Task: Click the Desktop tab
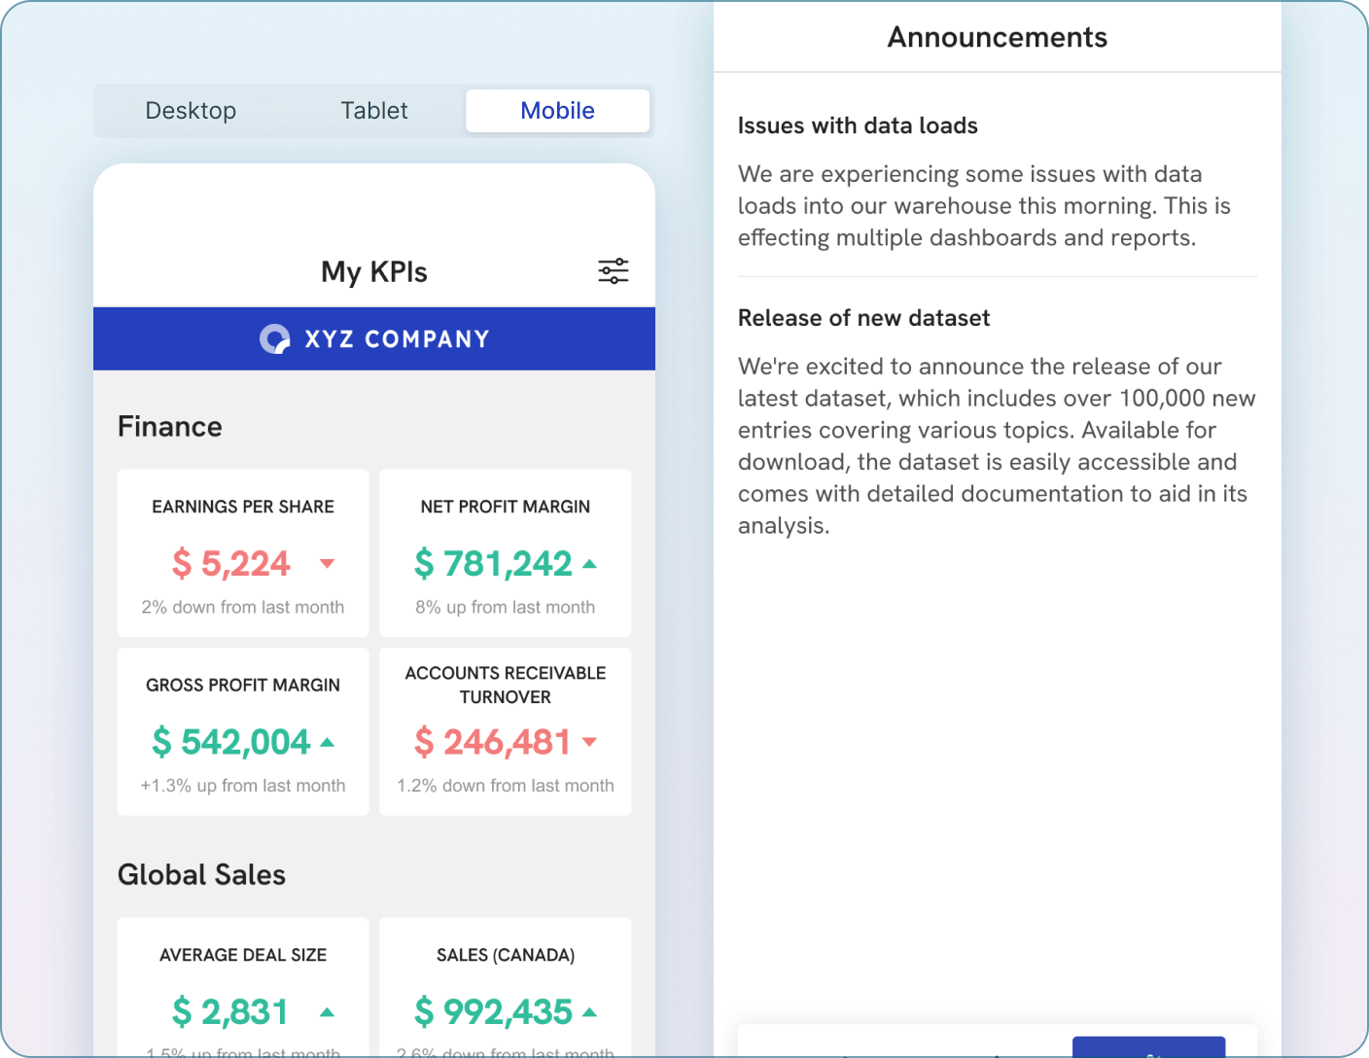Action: coord(191,111)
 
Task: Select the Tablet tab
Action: coord(374,111)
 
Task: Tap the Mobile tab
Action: coord(557,111)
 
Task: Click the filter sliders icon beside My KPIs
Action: coord(613,271)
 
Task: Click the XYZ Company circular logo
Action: coord(275,338)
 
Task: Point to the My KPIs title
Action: coord(374,272)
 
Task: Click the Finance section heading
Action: coord(170,427)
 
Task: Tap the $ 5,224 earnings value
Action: coord(231,564)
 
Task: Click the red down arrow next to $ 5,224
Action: coord(328,564)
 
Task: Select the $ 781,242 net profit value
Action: coord(493,564)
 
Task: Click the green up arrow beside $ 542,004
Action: coord(328,743)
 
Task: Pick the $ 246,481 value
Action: coord(493,743)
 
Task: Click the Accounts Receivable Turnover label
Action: coord(506,685)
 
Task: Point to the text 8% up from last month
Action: coord(506,608)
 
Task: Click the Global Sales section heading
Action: coord(201,875)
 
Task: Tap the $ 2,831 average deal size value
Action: coord(230,1012)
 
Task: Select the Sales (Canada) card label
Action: coord(506,955)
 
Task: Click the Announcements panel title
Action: coord(997,38)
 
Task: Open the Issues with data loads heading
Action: coord(858,126)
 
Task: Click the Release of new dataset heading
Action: coord(863,319)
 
